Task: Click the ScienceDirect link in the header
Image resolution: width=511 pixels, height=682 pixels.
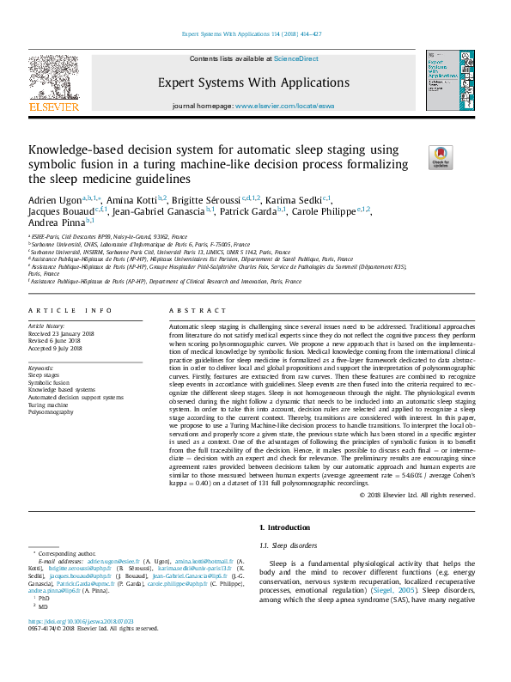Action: pos(295,58)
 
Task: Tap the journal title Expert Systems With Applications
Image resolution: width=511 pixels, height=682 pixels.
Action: pos(253,83)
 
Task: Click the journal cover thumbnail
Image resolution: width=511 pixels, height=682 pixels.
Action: pos(447,78)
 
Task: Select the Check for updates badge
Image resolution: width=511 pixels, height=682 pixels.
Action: pos(441,157)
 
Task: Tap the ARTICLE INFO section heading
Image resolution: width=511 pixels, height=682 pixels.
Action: pos(70,309)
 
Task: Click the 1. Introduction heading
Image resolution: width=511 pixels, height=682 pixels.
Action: pos(285,527)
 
